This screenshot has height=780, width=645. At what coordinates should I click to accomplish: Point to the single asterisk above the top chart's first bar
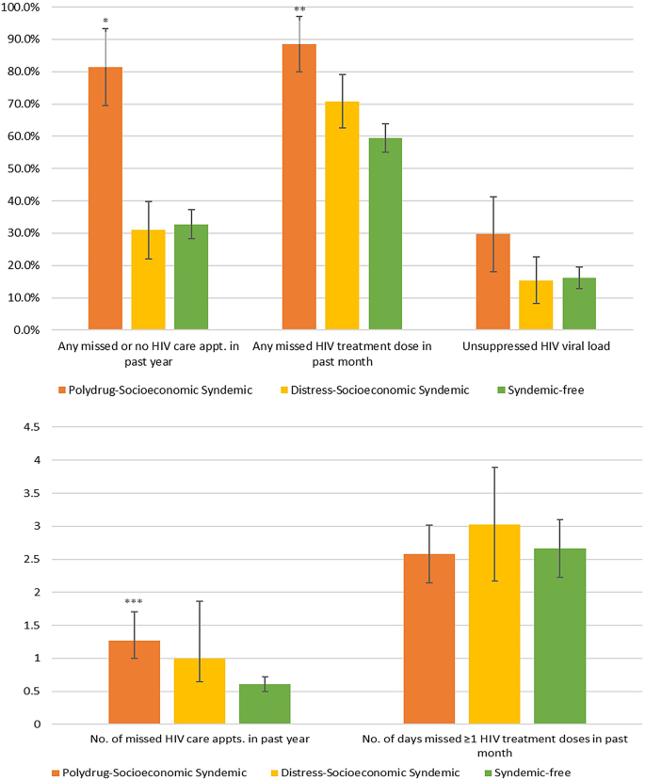coord(105,19)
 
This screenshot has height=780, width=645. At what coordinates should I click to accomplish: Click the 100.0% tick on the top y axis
coord(22,8)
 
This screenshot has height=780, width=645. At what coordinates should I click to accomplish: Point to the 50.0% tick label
coord(22,168)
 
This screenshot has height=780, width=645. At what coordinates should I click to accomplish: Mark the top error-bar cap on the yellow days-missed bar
coord(494,468)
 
